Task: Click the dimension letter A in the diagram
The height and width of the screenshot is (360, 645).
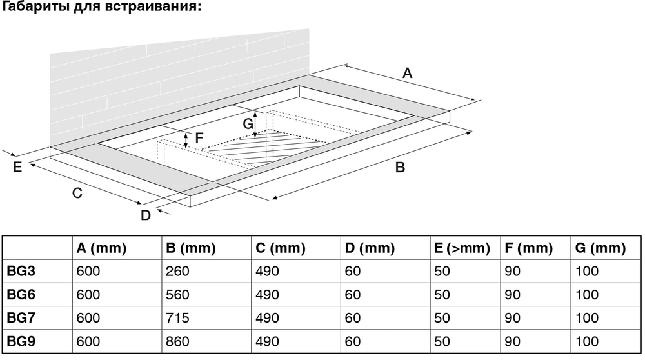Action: click(407, 74)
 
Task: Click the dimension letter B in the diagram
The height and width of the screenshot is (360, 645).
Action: click(400, 168)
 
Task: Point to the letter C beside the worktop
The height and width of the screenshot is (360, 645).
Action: click(77, 193)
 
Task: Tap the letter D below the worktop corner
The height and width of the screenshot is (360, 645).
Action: click(146, 215)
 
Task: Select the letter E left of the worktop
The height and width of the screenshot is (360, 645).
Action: click(17, 167)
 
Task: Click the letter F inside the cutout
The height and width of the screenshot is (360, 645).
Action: click(199, 138)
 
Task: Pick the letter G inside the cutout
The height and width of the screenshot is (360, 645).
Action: click(248, 123)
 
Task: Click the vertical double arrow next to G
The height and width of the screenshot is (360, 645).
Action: click(255, 125)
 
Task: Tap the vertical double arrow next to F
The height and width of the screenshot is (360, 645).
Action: click(186, 140)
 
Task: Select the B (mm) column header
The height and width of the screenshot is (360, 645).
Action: click(191, 248)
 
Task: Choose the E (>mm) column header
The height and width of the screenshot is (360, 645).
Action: click(462, 248)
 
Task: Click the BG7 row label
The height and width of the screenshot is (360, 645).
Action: click(21, 317)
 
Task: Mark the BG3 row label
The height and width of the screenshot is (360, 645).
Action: click(21, 271)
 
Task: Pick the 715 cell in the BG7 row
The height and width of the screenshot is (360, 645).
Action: click(178, 317)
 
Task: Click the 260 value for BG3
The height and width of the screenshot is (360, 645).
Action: click(178, 271)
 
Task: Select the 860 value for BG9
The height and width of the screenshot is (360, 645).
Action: click(178, 341)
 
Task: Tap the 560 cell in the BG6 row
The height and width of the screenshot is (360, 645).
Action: click(178, 295)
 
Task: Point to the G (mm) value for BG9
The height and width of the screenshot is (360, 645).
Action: click(587, 341)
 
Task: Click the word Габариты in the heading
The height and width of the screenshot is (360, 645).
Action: click(36, 7)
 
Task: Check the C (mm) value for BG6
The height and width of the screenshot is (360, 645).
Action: click(268, 295)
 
